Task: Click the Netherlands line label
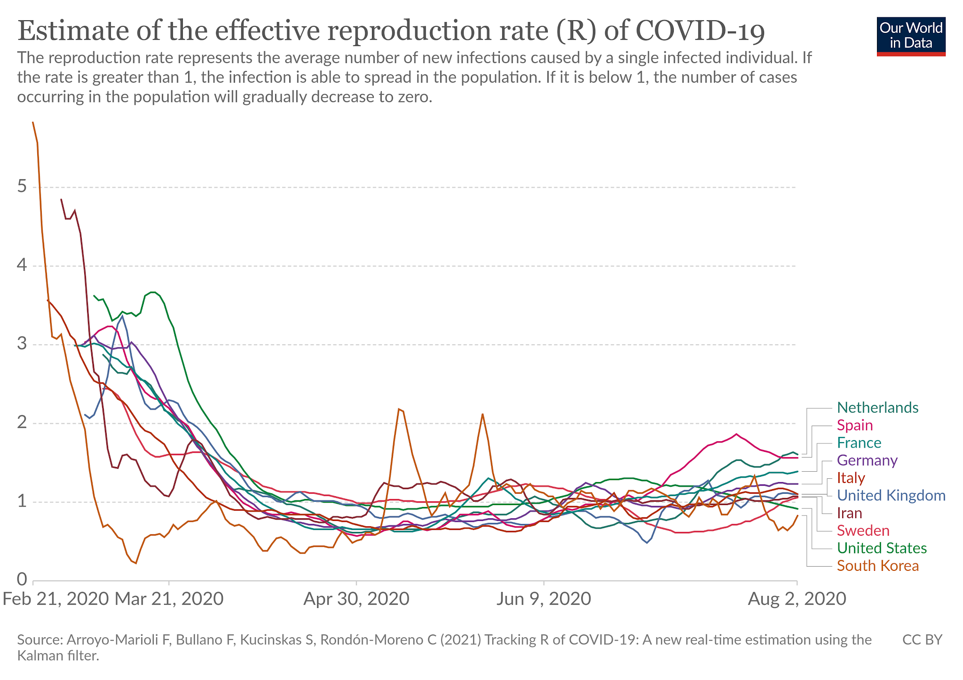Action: point(877,408)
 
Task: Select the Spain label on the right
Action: point(855,426)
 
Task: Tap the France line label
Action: point(859,443)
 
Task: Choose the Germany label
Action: point(867,460)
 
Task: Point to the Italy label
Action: point(851,478)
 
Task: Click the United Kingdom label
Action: point(891,496)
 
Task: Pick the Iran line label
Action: point(850,513)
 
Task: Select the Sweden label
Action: point(863,531)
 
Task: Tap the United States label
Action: point(882,548)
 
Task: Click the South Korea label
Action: point(878,566)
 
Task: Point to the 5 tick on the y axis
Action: point(22,187)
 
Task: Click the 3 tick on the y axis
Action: point(22,345)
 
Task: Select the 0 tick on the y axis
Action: point(22,579)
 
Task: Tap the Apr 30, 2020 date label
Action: point(356,599)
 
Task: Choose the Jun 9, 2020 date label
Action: point(544,599)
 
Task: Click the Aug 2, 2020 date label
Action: point(797,599)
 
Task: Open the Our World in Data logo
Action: point(911,37)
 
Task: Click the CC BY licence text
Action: point(922,640)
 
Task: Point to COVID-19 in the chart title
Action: point(700,31)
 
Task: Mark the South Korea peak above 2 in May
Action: point(399,409)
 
